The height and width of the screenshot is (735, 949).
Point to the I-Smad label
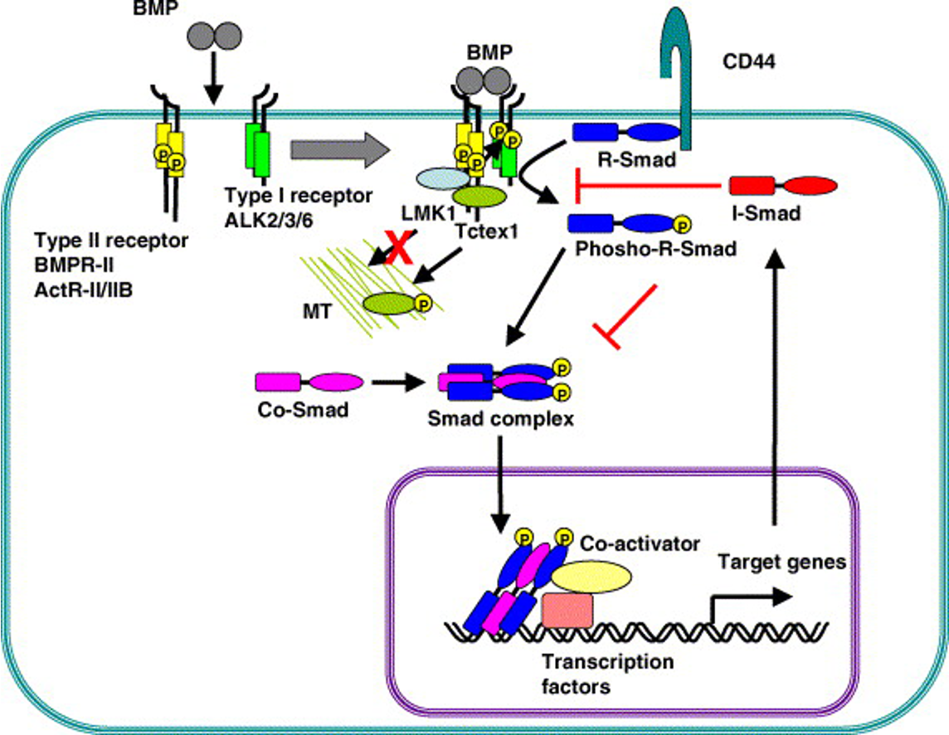pyautogui.click(x=766, y=214)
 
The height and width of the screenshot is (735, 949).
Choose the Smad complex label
pyautogui.click(x=500, y=417)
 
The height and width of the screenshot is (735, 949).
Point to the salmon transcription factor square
pyautogui.click(x=567, y=611)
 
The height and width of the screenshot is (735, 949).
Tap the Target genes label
pyautogui.click(x=781, y=562)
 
